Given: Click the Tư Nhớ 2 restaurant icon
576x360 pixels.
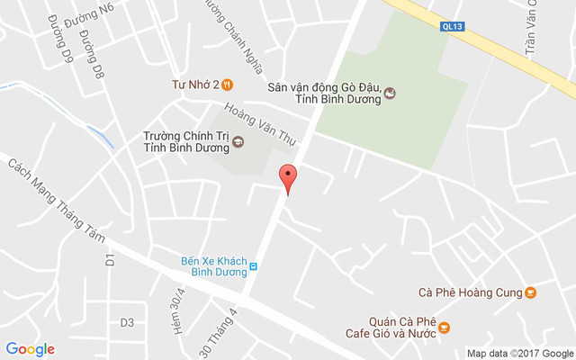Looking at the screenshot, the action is tap(228, 85).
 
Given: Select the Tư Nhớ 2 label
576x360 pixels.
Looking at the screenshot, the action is tap(195, 85).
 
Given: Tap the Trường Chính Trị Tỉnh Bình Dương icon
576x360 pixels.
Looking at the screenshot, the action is tap(238, 141).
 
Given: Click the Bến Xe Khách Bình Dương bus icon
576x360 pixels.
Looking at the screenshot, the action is tap(254, 266).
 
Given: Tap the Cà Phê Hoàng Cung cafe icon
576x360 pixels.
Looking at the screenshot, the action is tap(531, 292).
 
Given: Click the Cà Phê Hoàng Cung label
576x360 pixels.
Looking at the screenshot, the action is tap(471, 292).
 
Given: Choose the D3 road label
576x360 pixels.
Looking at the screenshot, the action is tap(127, 322).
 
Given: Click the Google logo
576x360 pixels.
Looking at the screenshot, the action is tap(30, 349).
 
